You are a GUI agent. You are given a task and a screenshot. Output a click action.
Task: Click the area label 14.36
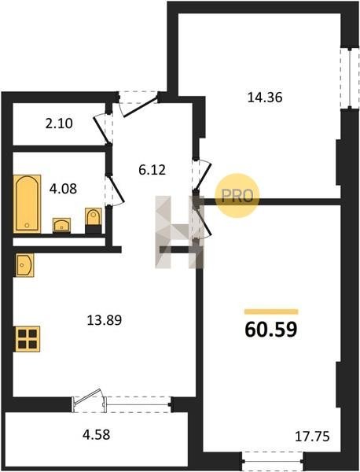pos(265,98)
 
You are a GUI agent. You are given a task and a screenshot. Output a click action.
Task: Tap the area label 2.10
pos(59,124)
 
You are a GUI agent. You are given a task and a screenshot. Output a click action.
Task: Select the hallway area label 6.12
pos(152,171)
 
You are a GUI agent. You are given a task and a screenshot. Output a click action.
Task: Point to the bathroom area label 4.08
pos(63,189)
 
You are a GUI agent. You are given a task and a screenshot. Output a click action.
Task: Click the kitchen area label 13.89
pos(105,320)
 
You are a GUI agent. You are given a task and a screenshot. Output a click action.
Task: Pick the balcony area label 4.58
pos(96,435)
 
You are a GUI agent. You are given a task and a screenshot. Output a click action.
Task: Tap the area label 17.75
pos(312,437)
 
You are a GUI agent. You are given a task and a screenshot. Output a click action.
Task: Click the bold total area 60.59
pos(271,330)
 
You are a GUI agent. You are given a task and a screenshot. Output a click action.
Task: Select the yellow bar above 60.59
pos(271,312)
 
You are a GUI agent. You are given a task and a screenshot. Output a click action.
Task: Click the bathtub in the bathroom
pos(27,204)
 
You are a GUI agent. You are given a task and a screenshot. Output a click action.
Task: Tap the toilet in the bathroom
pos(94,220)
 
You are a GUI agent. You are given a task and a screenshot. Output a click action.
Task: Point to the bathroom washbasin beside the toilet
pos(61,225)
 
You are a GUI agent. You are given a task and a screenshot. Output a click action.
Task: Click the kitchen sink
pos(24,265)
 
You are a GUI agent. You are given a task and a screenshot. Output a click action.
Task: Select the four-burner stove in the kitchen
pos(27,339)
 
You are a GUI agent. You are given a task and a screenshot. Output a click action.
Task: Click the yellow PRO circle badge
pos(237,196)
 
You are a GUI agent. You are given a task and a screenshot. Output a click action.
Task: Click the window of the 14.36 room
pos(350,78)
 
